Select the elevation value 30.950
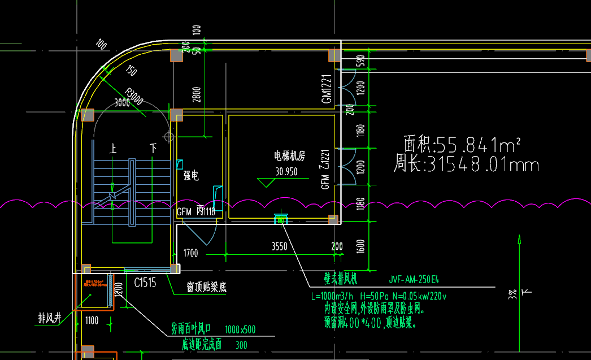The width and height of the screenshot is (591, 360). [x=286, y=172]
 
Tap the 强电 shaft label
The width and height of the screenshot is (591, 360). [x=191, y=176]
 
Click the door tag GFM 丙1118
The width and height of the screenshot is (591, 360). [x=196, y=212]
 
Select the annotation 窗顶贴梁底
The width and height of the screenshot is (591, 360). [x=207, y=288]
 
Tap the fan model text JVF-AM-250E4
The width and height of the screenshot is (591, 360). [x=414, y=279]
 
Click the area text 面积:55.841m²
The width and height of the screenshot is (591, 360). [x=462, y=145]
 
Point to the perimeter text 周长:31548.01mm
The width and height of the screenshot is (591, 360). [x=466, y=165]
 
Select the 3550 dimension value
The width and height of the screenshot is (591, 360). [x=280, y=246]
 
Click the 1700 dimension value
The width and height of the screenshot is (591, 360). [x=190, y=253]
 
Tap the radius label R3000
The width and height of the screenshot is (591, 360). [x=134, y=97]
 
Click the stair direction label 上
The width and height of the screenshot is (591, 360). [x=114, y=149]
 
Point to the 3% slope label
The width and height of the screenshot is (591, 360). [x=512, y=294]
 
